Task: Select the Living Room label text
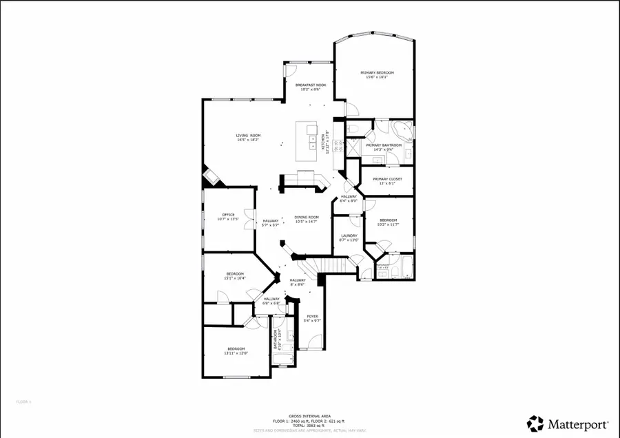click(x=248, y=135)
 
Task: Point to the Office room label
click(x=228, y=214)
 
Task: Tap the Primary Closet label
click(x=387, y=179)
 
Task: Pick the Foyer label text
click(x=313, y=317)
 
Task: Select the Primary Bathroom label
click(x=384, y=145)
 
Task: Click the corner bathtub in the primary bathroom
click(x=402, y=129)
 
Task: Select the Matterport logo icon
click(x=535, y=421)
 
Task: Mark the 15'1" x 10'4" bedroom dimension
click(x=236, y=278)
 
